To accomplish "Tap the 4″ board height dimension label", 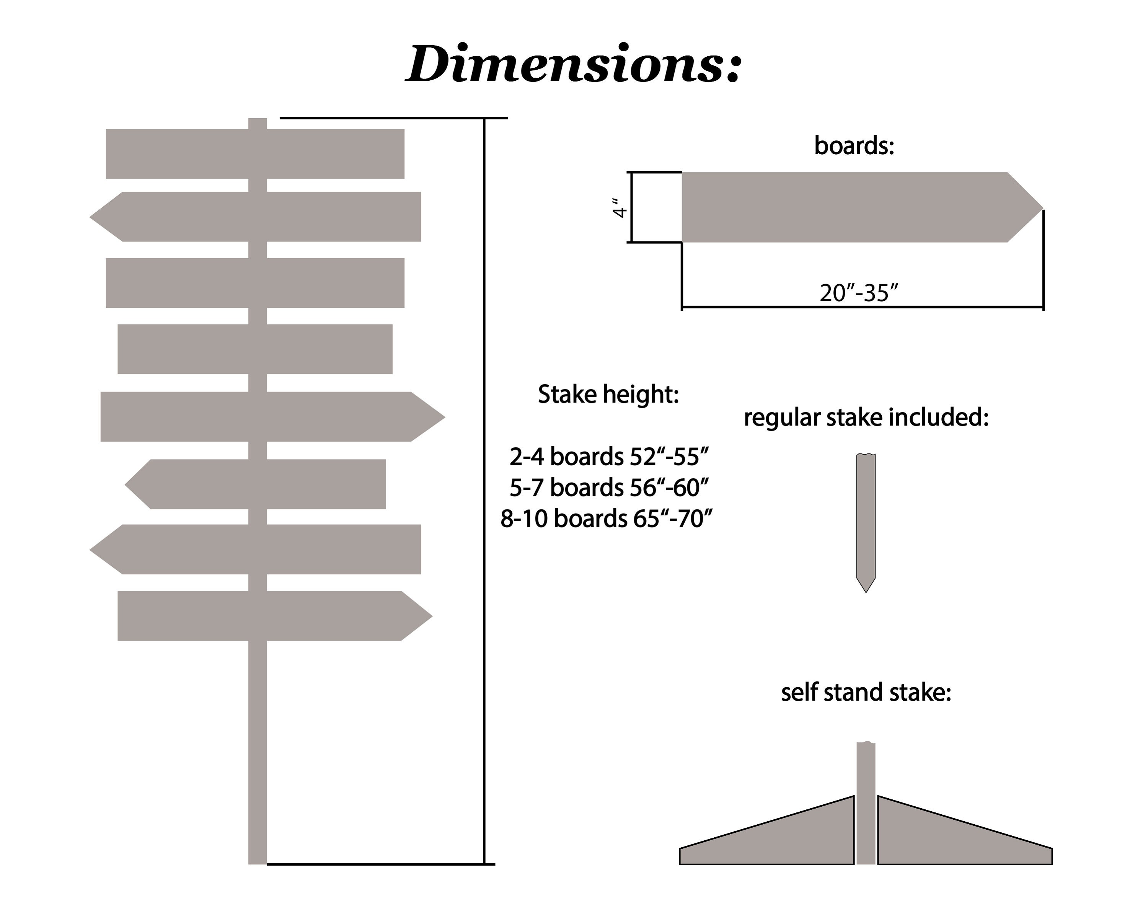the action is [619, 208].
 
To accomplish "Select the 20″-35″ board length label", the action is [858, 292].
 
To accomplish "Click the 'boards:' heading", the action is [854, 145].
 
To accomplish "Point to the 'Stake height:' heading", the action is [608, 395].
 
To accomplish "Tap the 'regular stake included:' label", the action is [866, 417].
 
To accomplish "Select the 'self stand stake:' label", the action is [866, 693].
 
